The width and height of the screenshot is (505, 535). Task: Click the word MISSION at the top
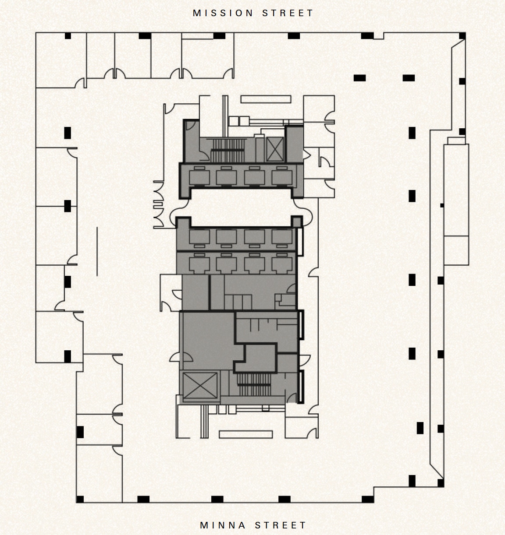point(223,13)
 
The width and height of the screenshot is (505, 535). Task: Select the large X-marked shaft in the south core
point(200,386)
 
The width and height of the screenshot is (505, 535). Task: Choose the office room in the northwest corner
point(60,60)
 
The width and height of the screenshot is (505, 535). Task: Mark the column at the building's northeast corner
point(462,36)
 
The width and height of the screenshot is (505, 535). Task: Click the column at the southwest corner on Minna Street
point(80,499)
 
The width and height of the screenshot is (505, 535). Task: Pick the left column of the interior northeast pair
point(359,78)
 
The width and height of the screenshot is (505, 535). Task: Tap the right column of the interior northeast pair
point(409,78)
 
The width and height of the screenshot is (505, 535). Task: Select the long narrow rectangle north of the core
point(266,99)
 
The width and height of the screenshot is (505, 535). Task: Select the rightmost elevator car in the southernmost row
point(281,264)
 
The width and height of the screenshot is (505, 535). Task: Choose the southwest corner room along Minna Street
point(99,473)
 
